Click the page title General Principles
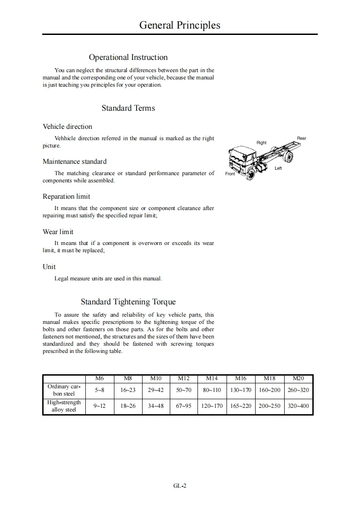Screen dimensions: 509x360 (x=180, y=25)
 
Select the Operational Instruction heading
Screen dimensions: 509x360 (x=128, y=57)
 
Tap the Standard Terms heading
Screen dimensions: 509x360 (x=128, y=108)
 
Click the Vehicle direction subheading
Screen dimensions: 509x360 (x=67, y=127)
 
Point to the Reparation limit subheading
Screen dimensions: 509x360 (x=66, y=196)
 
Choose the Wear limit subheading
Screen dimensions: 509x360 (x=58, y=232)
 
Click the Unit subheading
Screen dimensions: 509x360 (x=49, y=267)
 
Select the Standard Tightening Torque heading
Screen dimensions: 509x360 (x=128, y=302)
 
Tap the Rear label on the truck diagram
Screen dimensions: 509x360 (x=301, y=138)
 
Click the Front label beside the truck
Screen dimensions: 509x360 (x=230, y=174)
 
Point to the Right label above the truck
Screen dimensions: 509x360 (x=261, y=143)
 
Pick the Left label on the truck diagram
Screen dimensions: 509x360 (x=278, y=168)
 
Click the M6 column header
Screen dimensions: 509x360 (x=99, y=378)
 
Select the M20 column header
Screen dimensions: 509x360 (x=298, y=378)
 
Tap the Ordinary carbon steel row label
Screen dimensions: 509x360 (x=64, y=390)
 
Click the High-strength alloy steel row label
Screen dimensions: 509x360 (x=64, y=406)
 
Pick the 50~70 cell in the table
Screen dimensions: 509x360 (x=184, y=390)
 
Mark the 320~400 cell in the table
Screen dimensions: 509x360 (x=298, y=406)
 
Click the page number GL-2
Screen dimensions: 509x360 (x=180, y=485)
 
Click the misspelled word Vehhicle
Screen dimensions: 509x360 (x=65, y=138)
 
